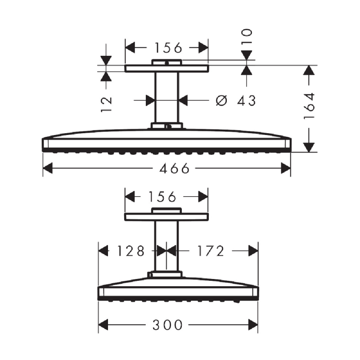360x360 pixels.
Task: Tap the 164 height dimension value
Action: pos(309,106)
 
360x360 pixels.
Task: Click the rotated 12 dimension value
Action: pos(106,103)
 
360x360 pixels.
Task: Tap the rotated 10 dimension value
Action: pos(247,37)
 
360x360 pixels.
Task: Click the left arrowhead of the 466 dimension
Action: pos(48,169)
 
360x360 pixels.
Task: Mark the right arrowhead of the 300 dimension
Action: pos(253,324)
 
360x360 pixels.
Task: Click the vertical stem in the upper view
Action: pos(167,97)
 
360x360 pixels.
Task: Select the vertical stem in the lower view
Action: pos(167,245)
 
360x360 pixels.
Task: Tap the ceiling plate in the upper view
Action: pos(167,68)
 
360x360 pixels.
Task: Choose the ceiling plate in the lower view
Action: pos(167,217)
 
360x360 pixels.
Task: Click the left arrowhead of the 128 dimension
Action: pos(103,251)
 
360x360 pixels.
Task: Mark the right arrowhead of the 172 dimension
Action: pos(253,251)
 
